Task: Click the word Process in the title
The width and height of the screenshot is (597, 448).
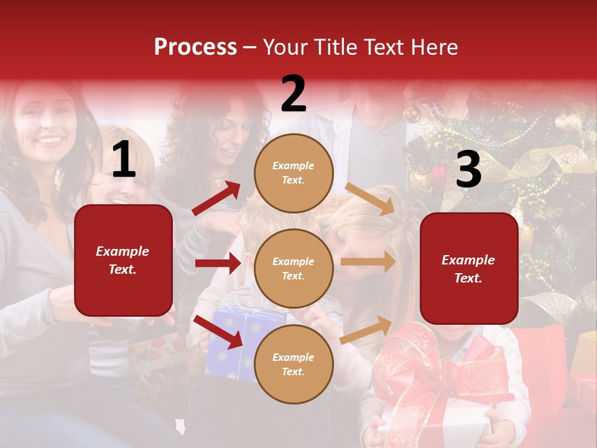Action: [x=195, y=47]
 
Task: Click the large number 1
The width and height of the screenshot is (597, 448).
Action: [x=124, y=161]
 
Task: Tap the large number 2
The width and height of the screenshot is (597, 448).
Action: [x=294, y=94]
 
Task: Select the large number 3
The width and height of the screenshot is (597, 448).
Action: [x=468, y=169]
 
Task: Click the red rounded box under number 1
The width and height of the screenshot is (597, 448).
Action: [x=123, y=260]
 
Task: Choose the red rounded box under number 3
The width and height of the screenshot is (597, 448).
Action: [x=469, y=268]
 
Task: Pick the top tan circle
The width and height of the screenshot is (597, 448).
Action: [x=294, y=172]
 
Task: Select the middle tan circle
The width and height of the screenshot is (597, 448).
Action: [x=294, y=268]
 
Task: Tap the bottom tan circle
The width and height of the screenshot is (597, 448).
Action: [x=294, y=364]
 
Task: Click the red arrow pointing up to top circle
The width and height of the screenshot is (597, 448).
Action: [x=216, y=198]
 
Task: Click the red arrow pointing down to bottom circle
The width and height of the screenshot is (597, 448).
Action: [x=218, y=331]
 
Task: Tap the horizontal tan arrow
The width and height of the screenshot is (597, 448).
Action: [x=368, y=262]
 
